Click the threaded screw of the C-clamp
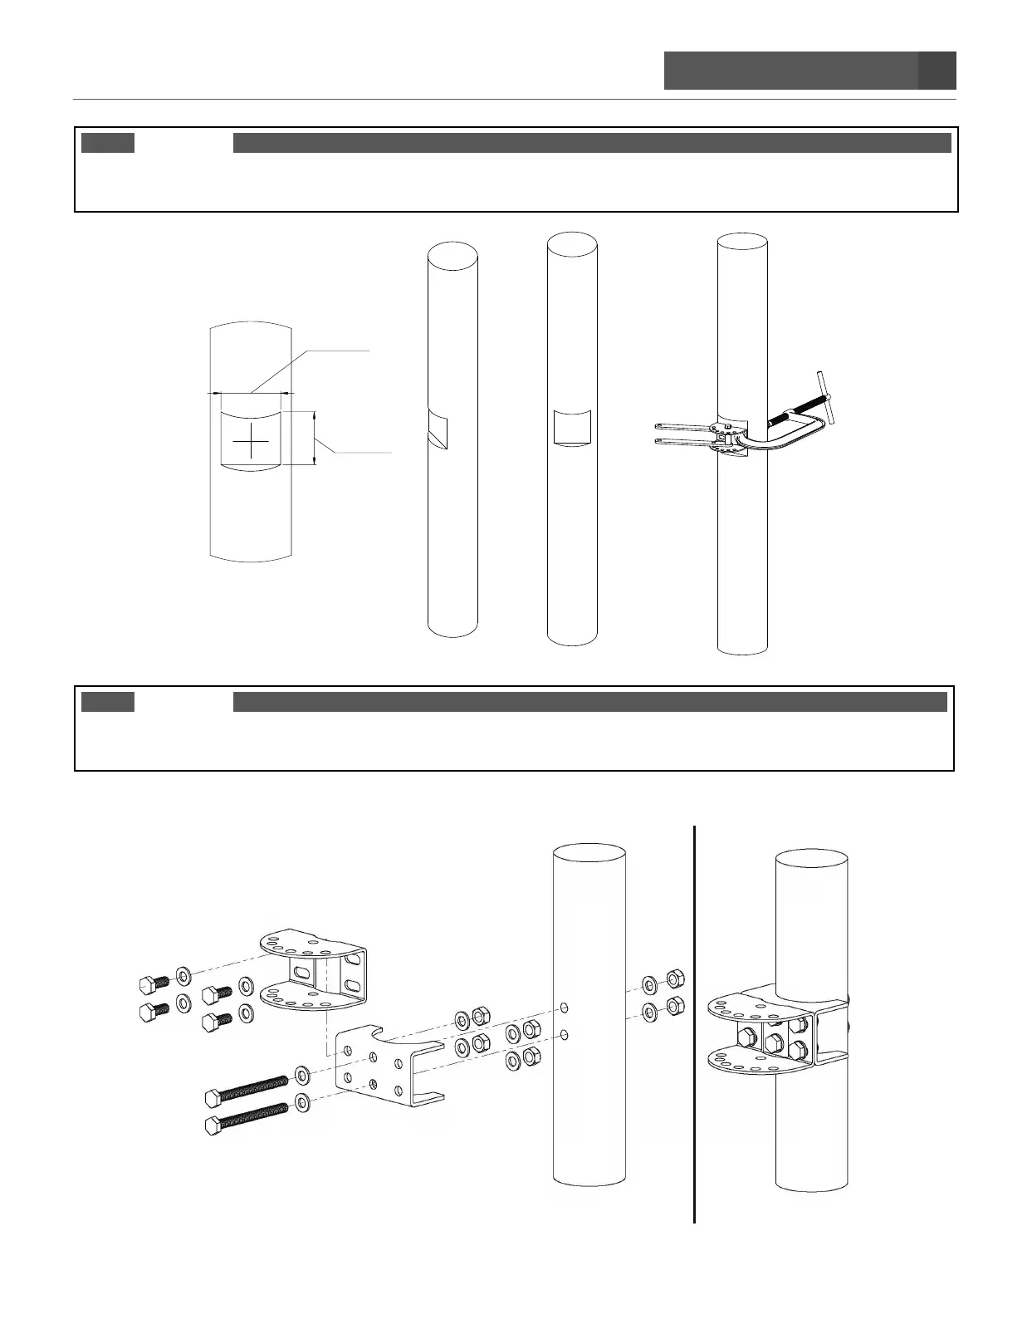point(798,411)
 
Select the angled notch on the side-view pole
point(436,425)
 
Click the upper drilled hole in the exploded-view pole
point(565,1008)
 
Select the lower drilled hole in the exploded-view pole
point(565,1035)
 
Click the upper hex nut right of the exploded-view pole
point(675,977)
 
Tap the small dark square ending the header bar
point(937,71)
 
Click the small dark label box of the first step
point(108,143)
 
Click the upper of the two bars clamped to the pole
point(681,426)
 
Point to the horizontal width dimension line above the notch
point(251,392)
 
